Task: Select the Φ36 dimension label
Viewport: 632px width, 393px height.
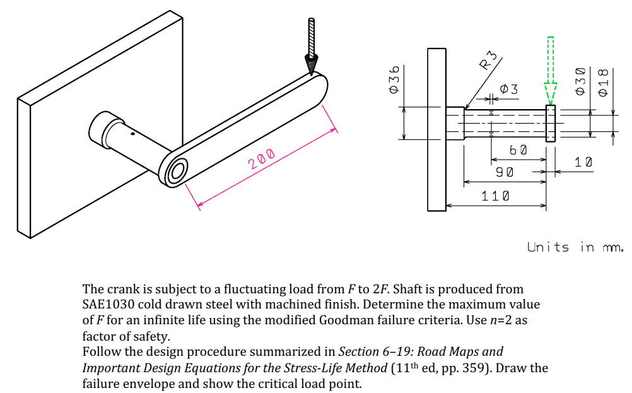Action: click(x=394, y=80)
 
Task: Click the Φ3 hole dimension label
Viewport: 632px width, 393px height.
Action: click(x=509, y=90)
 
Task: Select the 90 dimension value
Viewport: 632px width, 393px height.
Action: click(x=505, y=172)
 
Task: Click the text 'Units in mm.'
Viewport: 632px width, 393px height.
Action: click(x=575, y=247)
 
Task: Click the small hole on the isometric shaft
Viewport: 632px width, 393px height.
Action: click(x=132, y=134)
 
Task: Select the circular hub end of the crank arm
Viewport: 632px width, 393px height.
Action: click(x=176, y=170)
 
